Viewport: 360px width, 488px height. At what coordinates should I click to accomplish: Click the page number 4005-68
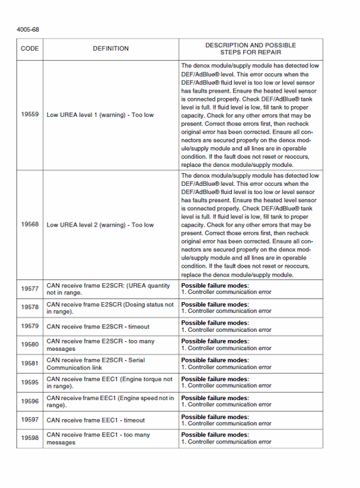click(28, 30)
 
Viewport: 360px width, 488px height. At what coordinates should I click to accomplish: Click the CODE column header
click(30, 49)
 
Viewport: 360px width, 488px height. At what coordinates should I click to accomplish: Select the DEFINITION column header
click(111, 49)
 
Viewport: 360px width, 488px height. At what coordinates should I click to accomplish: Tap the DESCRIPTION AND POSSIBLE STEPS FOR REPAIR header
click(251, 49)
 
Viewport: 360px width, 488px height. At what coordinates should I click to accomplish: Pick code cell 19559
click(30, 115)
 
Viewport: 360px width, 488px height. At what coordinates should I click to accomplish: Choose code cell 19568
click(30, 225)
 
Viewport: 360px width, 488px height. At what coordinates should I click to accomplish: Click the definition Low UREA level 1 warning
click(100, 115)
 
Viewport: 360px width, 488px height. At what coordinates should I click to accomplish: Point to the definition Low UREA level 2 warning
click(100, 225)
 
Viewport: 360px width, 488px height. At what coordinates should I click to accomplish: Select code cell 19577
click(30, 289)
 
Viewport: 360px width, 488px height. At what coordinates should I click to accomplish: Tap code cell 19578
click(30, 308)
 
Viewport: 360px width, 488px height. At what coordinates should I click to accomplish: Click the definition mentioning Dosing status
click(110, 308)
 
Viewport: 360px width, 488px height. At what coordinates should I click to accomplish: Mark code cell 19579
click(30, 326)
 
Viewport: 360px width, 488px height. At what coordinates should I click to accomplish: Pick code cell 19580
click(30, 345)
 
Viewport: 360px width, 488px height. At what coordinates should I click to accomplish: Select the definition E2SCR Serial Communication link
click(96, 364)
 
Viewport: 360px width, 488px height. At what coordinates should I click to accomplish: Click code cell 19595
click(30, 383)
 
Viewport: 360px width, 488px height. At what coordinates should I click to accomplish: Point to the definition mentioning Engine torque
click(109, 383)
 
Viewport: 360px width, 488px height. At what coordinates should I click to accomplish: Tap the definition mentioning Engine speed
click(110, 401)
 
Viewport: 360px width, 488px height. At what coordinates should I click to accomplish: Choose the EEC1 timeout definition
click(95, 420)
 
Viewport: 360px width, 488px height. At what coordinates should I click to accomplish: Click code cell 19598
click(30, 438)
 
